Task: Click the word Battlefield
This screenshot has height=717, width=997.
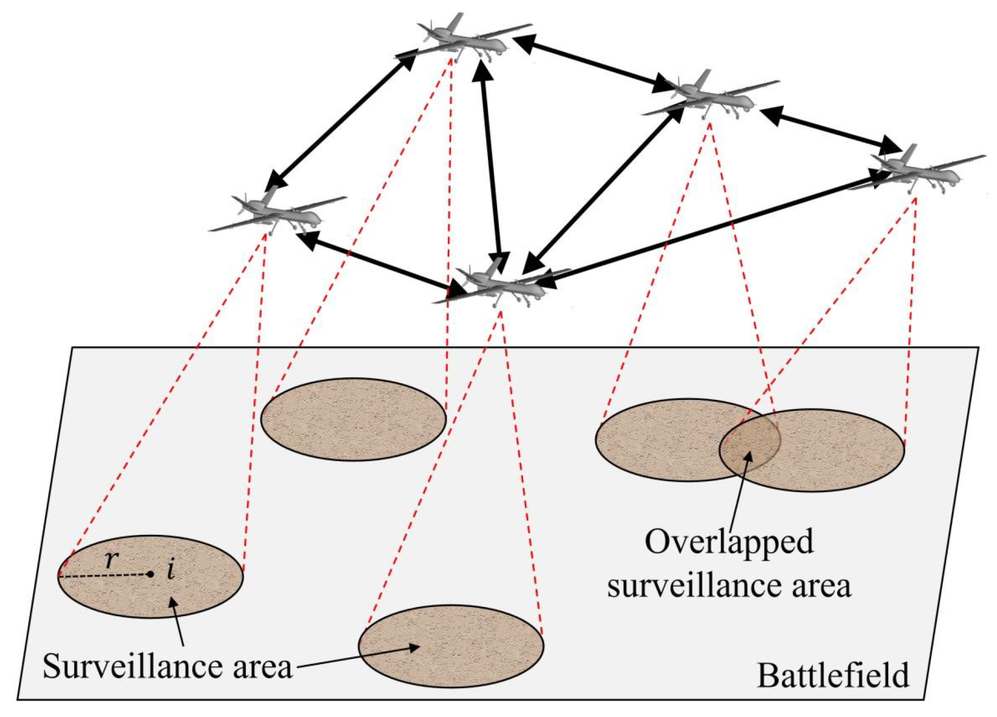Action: click(x=832, y=676)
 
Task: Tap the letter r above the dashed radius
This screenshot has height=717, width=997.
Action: click(x=111, y=559)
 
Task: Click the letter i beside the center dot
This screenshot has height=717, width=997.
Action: click(x=171, y=570)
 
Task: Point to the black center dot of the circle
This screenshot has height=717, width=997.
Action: click(x=151, y=574)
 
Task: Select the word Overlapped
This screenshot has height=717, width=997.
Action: click(x=729, y=542)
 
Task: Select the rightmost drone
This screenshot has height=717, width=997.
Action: click(x=921, y=171)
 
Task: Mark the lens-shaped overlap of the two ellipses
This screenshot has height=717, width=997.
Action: click(x=750, y=442)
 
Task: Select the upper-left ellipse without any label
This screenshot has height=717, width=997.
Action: click(x=353, y=419)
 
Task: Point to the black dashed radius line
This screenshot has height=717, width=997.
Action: click(x=103, y=576)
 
